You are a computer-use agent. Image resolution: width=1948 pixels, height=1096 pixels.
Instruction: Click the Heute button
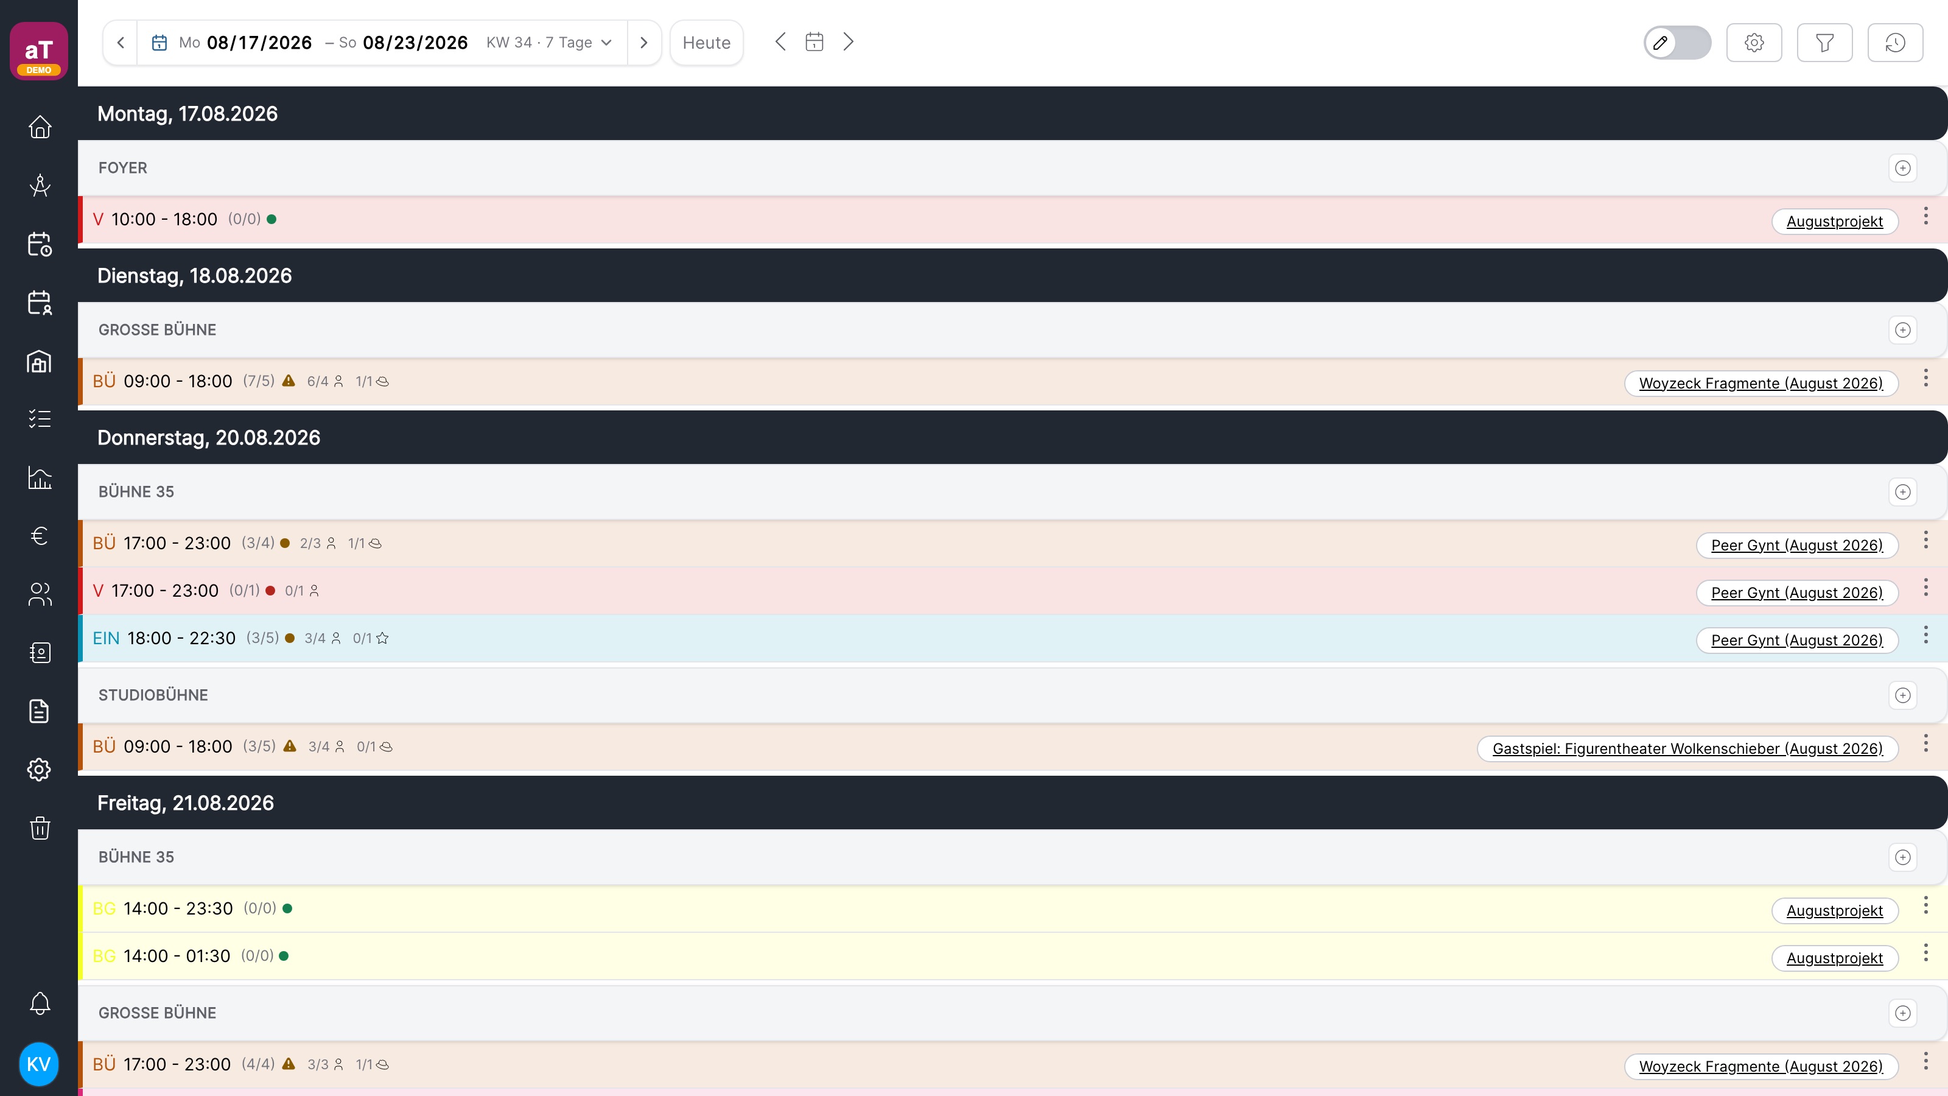pyautogui.click(x=706, y=43)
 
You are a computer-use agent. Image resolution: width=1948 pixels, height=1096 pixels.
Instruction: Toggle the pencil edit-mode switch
pyautogui.click(x=1677, y=43)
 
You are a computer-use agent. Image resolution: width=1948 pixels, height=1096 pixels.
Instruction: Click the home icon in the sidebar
pyautogui.click(x=40, y=126)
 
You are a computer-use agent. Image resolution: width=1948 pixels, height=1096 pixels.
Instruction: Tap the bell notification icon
pyautogui.click(x=40, y=1003)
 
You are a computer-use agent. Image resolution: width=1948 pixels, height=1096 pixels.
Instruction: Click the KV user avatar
pyautogui.click(x=38, y=1064)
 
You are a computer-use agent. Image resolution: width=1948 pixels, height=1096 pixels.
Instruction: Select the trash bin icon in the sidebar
pyautogui.click(x=40, y=827)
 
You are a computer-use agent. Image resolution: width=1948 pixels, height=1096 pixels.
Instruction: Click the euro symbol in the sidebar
pyautogui.click(x=40, y=536)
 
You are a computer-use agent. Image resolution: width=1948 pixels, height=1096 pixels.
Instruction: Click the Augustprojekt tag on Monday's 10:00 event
pyautogui.click(x=1835, y=222)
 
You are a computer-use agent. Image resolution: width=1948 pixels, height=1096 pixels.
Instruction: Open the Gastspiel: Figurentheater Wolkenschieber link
pyautogui.click(x=1687, y=749)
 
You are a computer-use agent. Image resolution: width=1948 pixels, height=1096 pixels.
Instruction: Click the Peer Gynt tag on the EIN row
pyautogui.click(x=1797, y=641)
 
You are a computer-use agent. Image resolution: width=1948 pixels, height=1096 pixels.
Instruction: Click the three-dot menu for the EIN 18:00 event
pyautogui.click(x=1925, y=635)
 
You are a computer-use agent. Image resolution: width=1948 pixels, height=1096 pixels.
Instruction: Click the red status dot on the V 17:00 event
pyautogui.click(x=270, y=591)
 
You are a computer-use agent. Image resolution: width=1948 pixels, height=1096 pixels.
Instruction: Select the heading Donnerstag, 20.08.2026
pyautogui.click(x=209, y=437)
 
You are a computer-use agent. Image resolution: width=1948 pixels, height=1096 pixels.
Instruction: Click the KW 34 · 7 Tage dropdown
pyautogui.click(x=549, y=43)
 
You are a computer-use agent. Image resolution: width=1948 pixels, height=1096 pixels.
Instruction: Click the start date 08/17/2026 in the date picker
pyautogui.click(x=259, y=43)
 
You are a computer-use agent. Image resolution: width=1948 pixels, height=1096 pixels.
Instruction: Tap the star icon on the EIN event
pyautogui.click(x=383, y=638)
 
